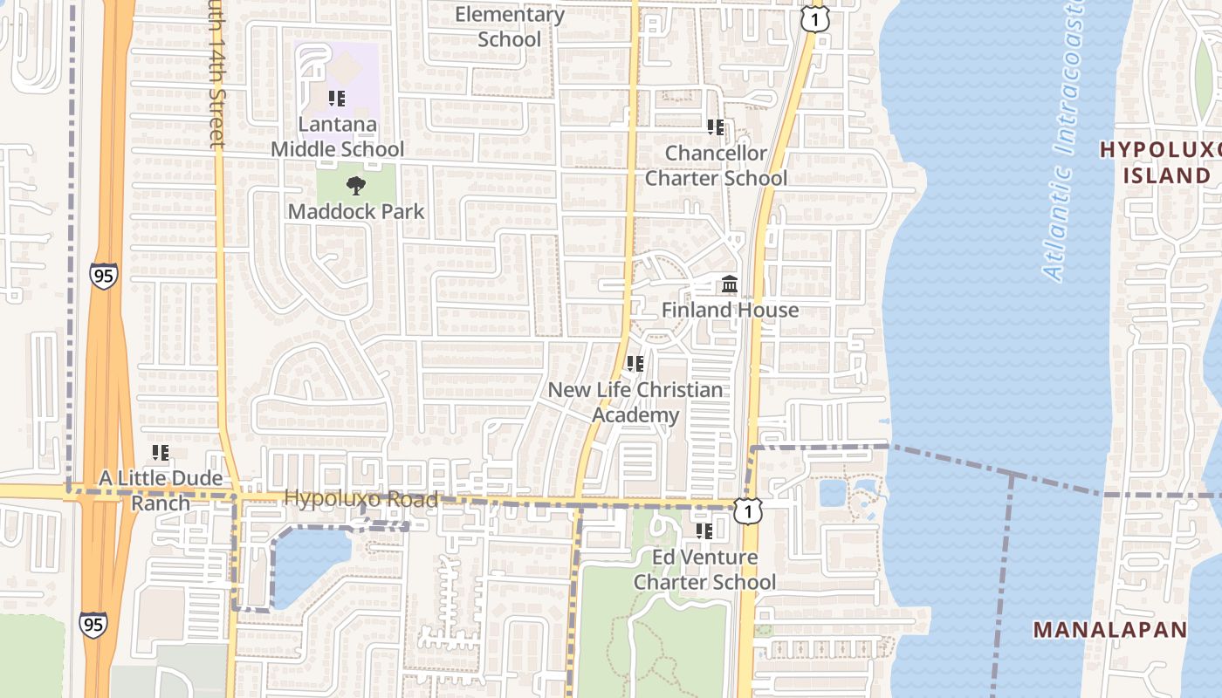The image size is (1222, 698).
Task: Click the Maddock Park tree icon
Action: point(355,186)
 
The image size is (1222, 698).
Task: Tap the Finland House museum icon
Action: point(729,284)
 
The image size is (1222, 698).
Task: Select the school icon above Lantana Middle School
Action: point(337,99)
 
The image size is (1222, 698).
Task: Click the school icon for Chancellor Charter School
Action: point(716,127)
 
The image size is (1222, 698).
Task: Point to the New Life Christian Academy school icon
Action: point(635,364)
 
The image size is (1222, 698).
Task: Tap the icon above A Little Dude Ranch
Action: point(161,453)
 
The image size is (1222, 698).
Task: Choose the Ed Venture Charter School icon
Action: point(704,530)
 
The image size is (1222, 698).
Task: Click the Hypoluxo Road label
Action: point(360,500)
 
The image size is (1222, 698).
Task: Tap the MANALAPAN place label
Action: point(1109,629)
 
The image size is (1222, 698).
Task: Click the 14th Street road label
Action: point(216,74)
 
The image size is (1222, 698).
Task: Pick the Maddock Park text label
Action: point(356,211)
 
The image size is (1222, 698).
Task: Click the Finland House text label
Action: point(730,310)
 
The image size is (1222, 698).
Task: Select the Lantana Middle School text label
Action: point(337,136)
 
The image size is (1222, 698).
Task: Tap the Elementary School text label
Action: point(510,27)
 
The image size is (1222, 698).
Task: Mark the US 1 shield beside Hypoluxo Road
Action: point(747,511)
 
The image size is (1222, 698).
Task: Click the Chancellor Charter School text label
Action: point(716,166)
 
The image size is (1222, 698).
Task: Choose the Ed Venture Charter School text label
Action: point(704,569)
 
